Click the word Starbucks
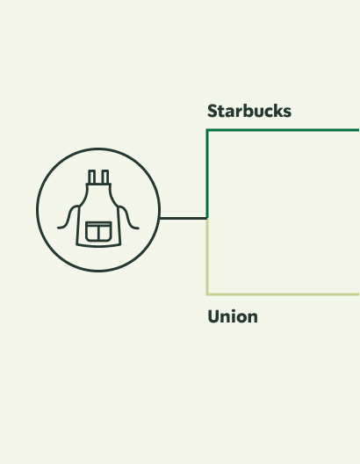tap(249, 111)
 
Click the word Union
tap(233, 316)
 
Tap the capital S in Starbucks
tap(212, 111)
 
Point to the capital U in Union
tap(213, 316)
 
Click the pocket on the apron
tap(98, 231)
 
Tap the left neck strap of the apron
tap(91, 177)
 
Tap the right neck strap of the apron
tap(105, 177)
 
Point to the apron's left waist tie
tap(68, 218)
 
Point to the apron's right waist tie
tap(128, 218)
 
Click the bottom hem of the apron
tap(98, 245)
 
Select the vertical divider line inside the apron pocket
tap(98, 233)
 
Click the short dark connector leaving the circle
tap(184, 219)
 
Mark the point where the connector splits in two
tap(207, 219)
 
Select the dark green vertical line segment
tap(207, 174)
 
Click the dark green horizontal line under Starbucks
tap(283, 130)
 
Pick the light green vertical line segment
tap(207, 257)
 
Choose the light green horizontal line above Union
tap(283, 294)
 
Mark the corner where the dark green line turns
tap(207, 130)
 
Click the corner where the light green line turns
tap(207, 294)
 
